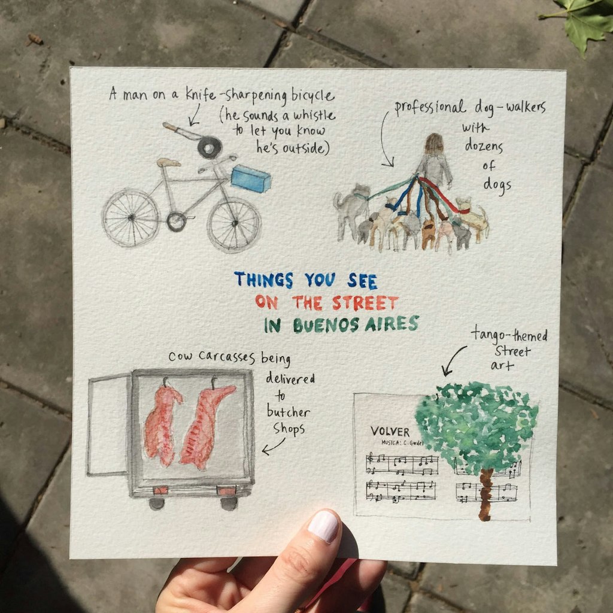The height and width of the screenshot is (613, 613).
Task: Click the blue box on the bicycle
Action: coord(251,178)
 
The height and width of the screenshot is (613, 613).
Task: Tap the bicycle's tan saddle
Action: coord(169,162)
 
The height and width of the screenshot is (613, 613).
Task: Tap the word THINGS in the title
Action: coord(263,280)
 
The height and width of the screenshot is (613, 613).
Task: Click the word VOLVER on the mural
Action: coord(390,432)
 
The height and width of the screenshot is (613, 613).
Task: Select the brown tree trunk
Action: coord(485,494)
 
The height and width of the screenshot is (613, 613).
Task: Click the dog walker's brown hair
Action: coord(435,145)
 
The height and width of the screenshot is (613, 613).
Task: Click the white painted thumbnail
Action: coord(323,526)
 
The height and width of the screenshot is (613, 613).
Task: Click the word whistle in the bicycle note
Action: coord(314,115)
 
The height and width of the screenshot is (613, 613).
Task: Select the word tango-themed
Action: coord(509,334)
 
